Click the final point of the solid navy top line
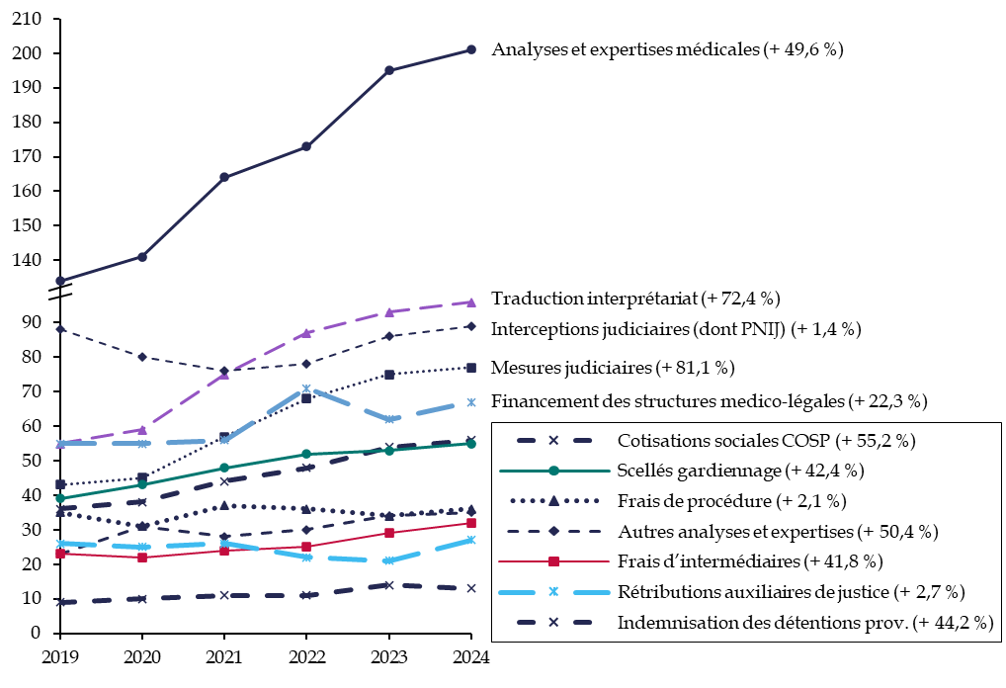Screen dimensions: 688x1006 click(471, 49)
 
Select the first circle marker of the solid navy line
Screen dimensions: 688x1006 click(60, 281)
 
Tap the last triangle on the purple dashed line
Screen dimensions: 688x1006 click(471, 302)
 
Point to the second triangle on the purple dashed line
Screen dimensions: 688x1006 click(142, 430)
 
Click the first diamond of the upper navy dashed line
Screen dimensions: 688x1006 click(60, 329)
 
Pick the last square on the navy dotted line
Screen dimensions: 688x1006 click(471, 368)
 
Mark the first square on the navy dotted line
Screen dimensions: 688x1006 click(60, 484)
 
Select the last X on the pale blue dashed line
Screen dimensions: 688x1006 click(471, 402)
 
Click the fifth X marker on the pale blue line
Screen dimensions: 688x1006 click(389, 420)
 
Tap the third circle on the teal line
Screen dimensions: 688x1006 click(224, 468)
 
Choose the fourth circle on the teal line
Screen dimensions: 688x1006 click(306, 454)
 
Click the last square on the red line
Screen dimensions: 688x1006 click(471, 522)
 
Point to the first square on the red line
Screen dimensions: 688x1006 click(60, 554)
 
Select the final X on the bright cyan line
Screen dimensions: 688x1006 click(471, 540)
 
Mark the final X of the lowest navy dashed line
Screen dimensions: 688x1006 click(471, 588)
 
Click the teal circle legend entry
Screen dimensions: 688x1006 click(553, 471)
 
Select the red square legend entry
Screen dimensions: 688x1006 click(553, 561)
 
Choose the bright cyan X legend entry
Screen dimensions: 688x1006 click(553, 592)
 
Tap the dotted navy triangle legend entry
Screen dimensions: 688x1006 click(553, 501)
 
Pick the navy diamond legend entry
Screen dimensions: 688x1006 click(553, 531)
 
